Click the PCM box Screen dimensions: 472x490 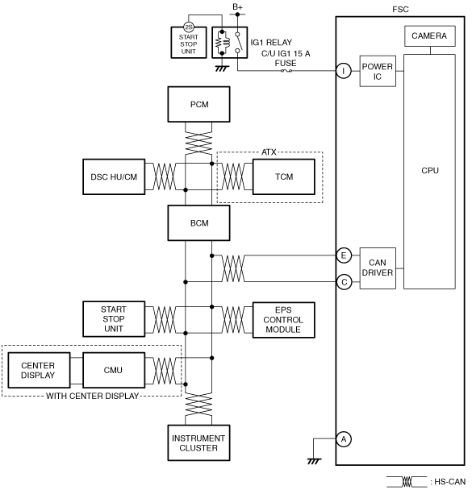pyautogui.click(x=199, y=105)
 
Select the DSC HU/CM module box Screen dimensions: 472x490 pyautogui.click(x=114, y=176)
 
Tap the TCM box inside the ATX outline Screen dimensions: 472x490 pyautogui.click(x=284, y=176)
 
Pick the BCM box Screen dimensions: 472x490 pyautogui.click(x=199, y=223)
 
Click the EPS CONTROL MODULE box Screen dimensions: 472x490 pyautogui.click(x=284, y=320)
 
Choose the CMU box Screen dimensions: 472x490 pyautogui.click(x=114, y=370)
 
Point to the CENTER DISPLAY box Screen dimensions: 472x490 pyautogui.click(x=39, y=370)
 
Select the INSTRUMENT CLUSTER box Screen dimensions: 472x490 pyautogui.click(x=199, y=442)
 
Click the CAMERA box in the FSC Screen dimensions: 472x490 pyautogui.click(x=430, y=36)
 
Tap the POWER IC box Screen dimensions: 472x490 pyautogui.click(x=378, y=71)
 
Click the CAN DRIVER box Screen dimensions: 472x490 pyautogui.click(x=378, y=268)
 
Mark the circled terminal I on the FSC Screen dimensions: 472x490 pyautogui.click(x=344, y=71)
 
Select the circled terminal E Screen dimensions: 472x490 pyautogui.click(x=344, y=255)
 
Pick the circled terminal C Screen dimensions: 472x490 pyautogui.click(x=344, y=282)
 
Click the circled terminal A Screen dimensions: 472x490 pyautogui.click(x=344, y=439)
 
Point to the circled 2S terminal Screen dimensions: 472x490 pyautogui.click(x=189, y=27)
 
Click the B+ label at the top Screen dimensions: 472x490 pyautogui.click(x=238, y=7)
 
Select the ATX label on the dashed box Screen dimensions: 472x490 pyautogui.click(x=269, y=152)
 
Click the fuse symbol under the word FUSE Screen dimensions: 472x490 pyautogui.click(x=286, y=71)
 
